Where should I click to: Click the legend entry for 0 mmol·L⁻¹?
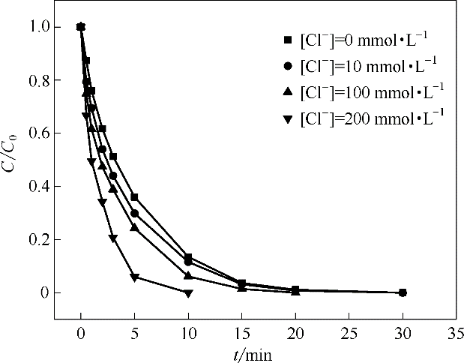coord(360,40)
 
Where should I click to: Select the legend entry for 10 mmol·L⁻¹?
coord(364,66)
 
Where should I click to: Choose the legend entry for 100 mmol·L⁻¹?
coord(367,92)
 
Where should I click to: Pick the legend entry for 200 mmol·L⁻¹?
coord(367,118)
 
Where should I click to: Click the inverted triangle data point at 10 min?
coord(188,292)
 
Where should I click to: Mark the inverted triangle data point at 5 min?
coord(134,277)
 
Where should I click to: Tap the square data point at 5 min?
coord(134,197)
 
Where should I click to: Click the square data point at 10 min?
coord(188,257)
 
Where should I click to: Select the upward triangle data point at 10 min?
coord(188,276)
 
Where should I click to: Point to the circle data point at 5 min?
coord(134,214)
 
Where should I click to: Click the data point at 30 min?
coord(403,292)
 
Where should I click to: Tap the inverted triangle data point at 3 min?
coord(112,238)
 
